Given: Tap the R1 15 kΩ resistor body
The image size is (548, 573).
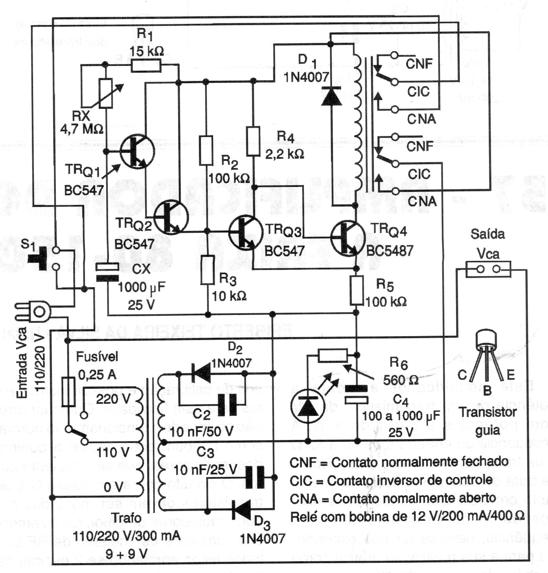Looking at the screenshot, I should click(146, 65).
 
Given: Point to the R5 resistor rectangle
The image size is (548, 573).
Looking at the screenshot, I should click(356, 290).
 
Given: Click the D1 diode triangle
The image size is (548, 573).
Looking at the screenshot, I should click(331, 96).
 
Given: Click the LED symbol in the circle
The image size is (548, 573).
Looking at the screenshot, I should click(307, 406).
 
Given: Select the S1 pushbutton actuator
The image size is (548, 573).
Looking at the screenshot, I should click(39, 258).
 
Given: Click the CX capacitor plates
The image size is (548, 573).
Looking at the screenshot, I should click(107, 272).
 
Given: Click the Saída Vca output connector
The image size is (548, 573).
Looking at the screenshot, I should click(487, 269).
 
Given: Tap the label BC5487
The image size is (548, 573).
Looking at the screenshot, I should click(390, 250).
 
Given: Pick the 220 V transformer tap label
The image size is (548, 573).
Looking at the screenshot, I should click(113, 399).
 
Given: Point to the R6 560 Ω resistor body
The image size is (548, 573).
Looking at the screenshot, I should click(333, 355).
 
